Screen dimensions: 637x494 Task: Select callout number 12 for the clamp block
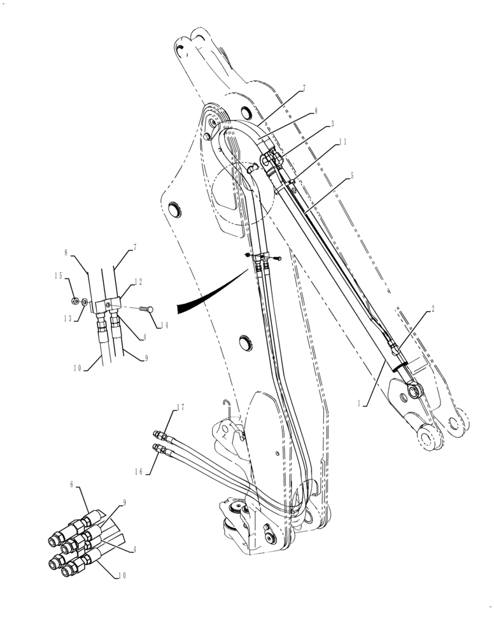click(138, 281)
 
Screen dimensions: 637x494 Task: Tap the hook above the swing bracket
click(227, 403)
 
